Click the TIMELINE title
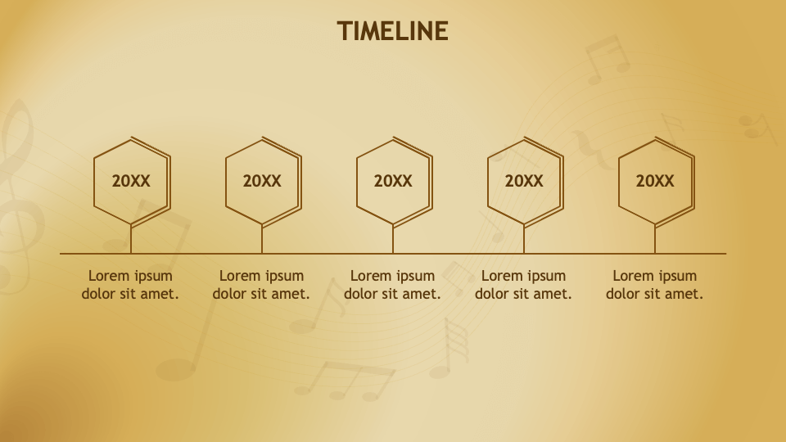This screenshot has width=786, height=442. click(x=393, y=31)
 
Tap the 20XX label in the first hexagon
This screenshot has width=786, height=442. click(x=131, y=182)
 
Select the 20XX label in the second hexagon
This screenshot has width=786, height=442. click(x=262, y=182)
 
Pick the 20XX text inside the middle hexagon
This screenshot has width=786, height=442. click(x=393, y=182)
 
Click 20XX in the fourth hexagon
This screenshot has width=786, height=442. click(x=524, y=182)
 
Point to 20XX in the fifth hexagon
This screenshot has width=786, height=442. click(x=655, y=182)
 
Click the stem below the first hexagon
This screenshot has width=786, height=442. click(x=131, y=240)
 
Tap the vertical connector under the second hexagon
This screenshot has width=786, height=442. click(x=262, y=240)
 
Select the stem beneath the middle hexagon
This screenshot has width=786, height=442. click(x=393, y=240)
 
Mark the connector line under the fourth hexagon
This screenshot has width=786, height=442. click(x=524, y=240)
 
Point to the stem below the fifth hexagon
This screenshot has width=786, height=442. click(x=655, y=240)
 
